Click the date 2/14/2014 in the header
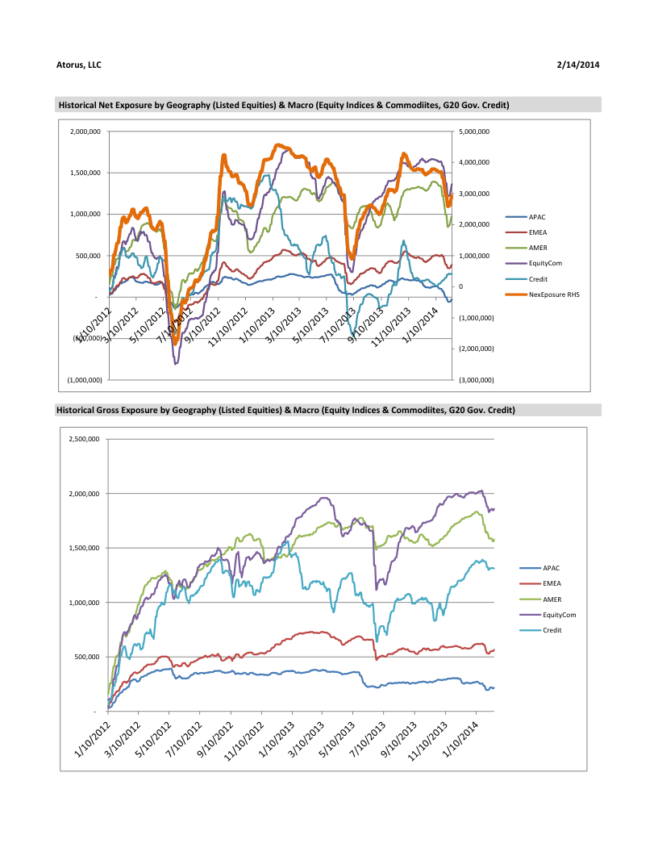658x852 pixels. click(578, 64)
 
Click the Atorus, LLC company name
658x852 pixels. click(79, 64)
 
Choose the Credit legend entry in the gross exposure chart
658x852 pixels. click(551, 630)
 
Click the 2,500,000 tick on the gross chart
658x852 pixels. click(81, 439)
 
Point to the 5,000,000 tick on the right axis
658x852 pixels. click(473, 132)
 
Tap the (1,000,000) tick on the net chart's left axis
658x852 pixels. click(85, 379)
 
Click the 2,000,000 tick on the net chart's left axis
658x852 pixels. click(85, 132)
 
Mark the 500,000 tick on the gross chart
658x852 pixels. click(85, 657)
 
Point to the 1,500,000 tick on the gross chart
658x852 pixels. click(81, 548)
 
